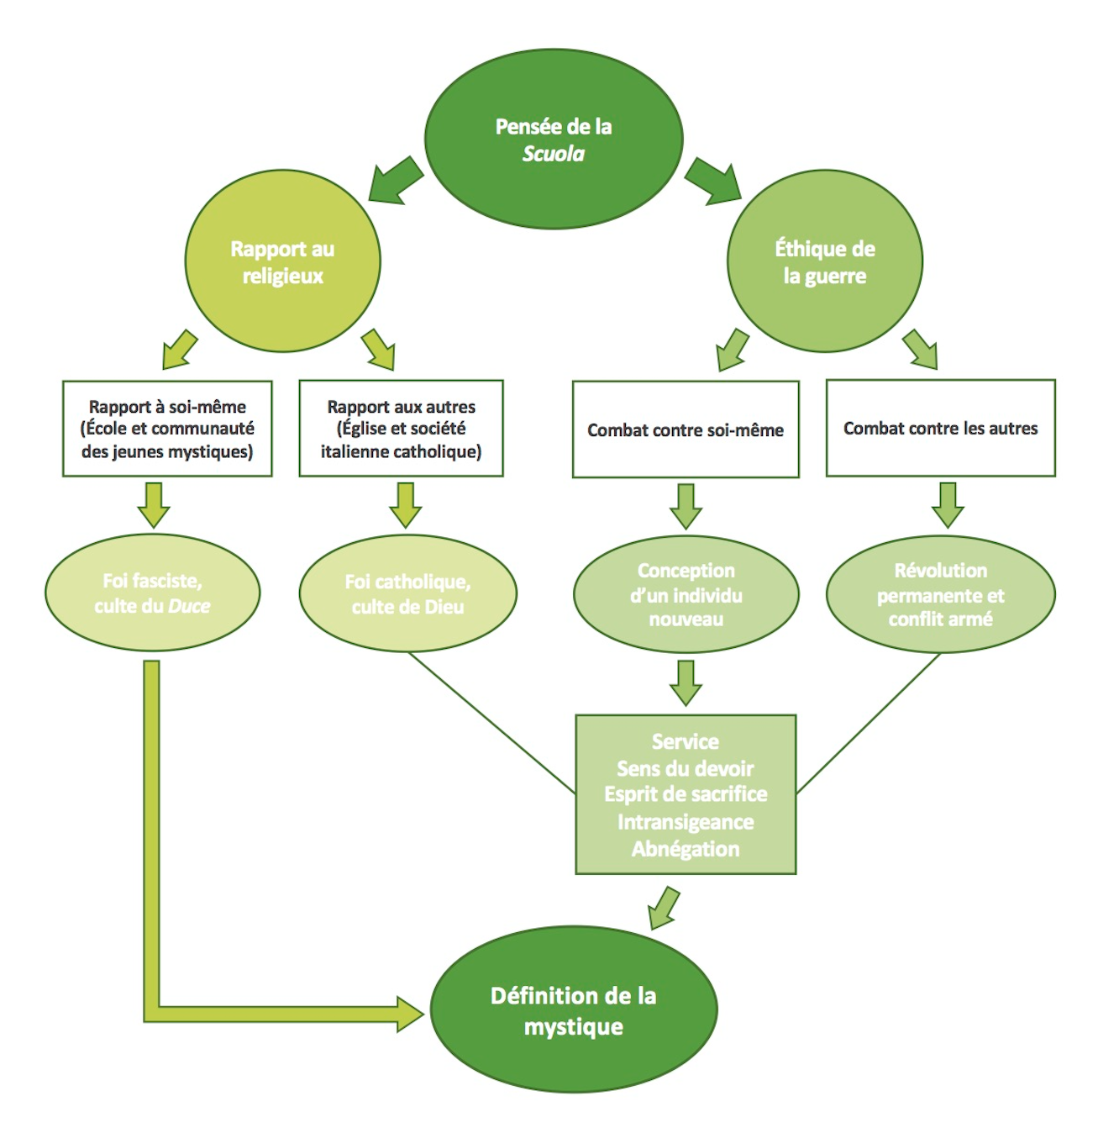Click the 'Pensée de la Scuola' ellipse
[554, 140]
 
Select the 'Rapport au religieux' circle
[282, 261]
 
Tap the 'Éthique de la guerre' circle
[824, 261]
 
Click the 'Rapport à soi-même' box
[167, 429]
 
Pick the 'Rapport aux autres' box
[401, 429]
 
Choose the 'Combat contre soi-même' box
[686, 429]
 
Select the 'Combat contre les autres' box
[940, 428]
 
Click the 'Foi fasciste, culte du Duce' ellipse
[152, 593]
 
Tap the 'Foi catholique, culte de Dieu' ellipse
[407, 593]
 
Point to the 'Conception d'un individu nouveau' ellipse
[686, 594]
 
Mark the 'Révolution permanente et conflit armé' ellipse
[940, 594]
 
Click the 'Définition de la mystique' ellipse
[574, 1009]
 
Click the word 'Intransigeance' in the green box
[686, 821]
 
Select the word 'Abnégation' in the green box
[686, 849]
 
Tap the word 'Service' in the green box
[686, 741]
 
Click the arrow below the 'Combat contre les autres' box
[948, 505]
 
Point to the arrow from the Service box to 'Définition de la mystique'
[664, 908]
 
